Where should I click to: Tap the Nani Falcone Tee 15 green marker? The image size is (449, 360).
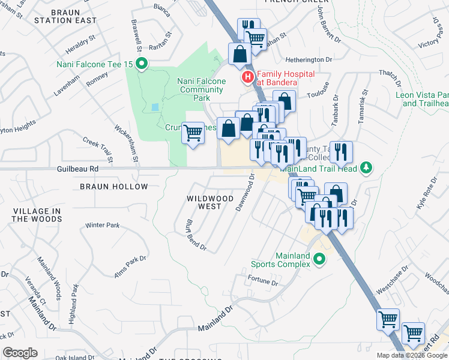point(142,64)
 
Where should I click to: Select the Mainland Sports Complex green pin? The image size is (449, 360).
point(319,260)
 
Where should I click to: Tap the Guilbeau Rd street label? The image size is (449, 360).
point(77,170)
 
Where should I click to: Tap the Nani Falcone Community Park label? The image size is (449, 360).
point(202,89)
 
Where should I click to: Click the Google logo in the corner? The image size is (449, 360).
point(20,352)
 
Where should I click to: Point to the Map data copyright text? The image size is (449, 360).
point(412,355)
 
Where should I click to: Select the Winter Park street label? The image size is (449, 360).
point(103,226)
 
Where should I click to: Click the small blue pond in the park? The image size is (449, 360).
point(156,107)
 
